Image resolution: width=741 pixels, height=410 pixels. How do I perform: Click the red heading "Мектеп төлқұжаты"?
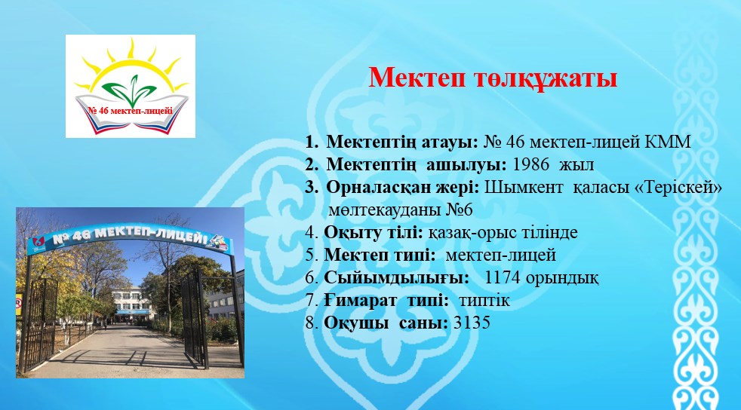(x=493, y=78)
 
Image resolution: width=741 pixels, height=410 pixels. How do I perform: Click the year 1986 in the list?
(x=530, y=164)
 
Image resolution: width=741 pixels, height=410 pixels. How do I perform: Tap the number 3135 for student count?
(x=472, y=323)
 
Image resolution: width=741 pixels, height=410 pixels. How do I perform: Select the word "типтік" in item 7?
(x=484, y=301)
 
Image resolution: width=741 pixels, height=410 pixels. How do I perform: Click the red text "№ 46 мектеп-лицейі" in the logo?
(x=131, y=111)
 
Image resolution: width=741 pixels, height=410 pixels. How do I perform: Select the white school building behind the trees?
(x=133, y=302)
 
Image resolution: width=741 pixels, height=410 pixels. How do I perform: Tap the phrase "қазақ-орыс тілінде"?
(x=503, y=233)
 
